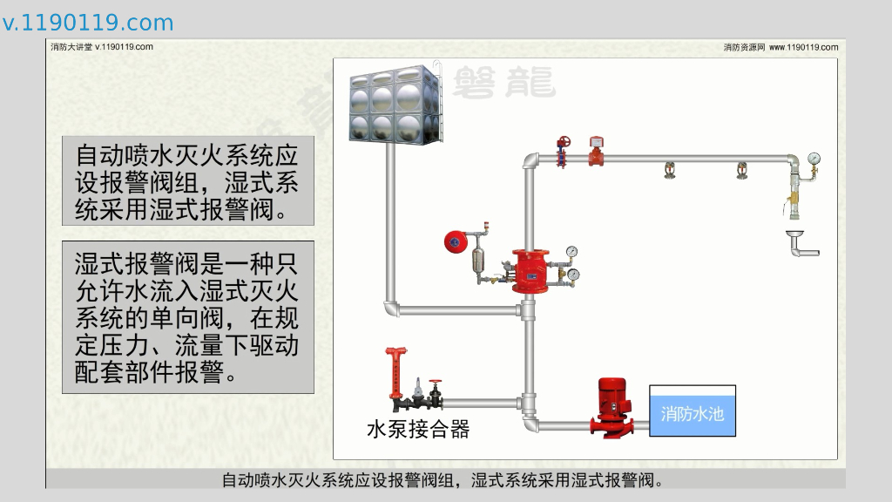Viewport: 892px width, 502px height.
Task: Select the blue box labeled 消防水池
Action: tap(692, 412)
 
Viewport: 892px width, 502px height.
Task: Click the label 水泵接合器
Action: tap(418, 429)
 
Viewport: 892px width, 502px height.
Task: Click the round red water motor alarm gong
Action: tap(454, 241)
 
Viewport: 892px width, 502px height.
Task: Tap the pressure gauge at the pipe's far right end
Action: tap(814, 159)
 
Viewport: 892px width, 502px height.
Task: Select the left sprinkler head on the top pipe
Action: tap(669, 169)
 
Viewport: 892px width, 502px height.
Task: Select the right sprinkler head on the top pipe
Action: tap(741, 169)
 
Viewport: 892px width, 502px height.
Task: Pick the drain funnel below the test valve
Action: tap(794, 236)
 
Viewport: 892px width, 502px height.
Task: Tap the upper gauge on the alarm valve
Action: tap(571, 252)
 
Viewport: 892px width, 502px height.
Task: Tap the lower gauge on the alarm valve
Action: tap(574, 275)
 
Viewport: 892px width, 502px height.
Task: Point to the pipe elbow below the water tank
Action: tap(390, 309)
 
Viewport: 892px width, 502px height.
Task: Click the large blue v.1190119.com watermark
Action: tap(87, 23)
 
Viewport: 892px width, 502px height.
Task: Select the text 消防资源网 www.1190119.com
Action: tap(780, 47)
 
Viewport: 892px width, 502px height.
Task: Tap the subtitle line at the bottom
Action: tap(445, 480)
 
